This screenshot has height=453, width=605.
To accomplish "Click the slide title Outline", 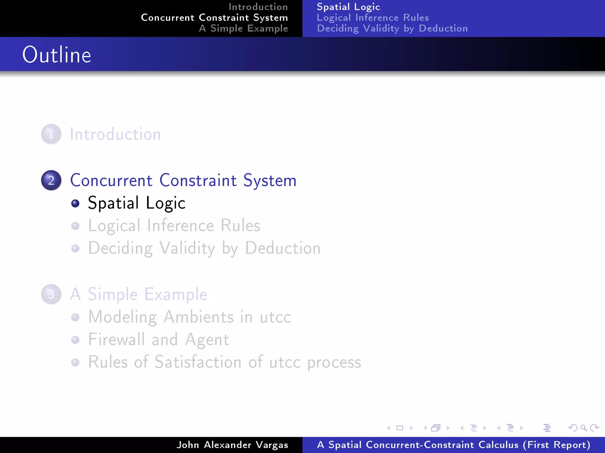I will click(57, 55).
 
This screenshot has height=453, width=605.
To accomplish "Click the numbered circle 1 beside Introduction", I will click(51, 134).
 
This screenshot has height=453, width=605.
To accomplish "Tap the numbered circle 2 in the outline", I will click(51, 180).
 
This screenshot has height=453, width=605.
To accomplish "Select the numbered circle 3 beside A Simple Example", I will click(51, 294).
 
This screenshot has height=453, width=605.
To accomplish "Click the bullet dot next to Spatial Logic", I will click(75, 203).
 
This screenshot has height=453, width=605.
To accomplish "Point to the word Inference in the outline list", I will click(180, 226).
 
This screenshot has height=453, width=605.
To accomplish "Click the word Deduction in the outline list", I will click(283, 248).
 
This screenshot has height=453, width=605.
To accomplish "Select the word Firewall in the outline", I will click(116, 339).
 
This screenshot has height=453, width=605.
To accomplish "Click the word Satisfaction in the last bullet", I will click(198, 362).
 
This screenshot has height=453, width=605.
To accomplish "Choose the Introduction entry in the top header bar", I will click(258, 7).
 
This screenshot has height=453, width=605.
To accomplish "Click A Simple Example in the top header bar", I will click(243, 28).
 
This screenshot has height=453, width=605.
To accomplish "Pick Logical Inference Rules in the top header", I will click(373, 18).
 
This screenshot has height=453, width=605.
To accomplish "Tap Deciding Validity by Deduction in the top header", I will click(392, 28).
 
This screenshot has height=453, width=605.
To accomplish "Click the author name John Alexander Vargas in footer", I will click(232, 445).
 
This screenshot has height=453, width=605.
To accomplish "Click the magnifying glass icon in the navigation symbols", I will click(583, 428).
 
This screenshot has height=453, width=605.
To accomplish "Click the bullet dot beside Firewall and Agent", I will click(75, 340).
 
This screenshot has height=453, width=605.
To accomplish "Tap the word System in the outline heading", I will click(270, 180).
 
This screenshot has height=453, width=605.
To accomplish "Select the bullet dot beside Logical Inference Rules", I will click(75, 226).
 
